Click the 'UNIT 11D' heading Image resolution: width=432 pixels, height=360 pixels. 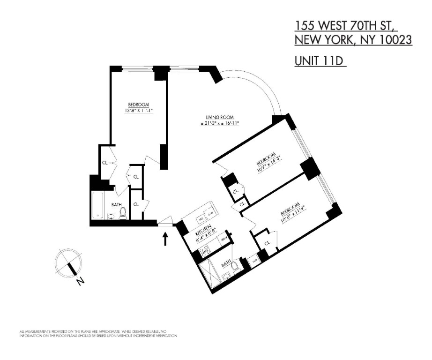(320, 61)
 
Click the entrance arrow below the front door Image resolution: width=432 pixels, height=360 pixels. (165, 239)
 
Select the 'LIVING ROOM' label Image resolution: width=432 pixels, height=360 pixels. (219, 117)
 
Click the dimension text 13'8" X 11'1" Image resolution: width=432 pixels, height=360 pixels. (139, 111)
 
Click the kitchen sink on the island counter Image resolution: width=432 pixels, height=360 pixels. (201, 218)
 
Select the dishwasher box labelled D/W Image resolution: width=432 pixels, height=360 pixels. (211, 212)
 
